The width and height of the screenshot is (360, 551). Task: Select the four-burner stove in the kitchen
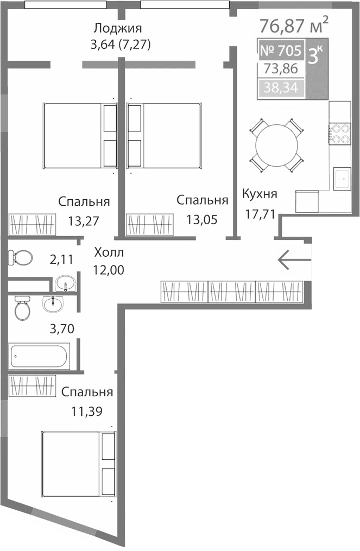(x=340, y=134)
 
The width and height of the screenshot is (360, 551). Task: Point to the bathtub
(x=38, y=357)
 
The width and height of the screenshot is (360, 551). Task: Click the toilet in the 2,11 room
(x=21, y=257)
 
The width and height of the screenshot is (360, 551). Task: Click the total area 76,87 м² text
(x=294, y=25)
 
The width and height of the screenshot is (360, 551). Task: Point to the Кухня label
(x=260, y=194)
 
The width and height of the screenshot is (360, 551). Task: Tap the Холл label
(x=109, y=252)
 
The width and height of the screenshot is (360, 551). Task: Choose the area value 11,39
(x=87, y=411)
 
